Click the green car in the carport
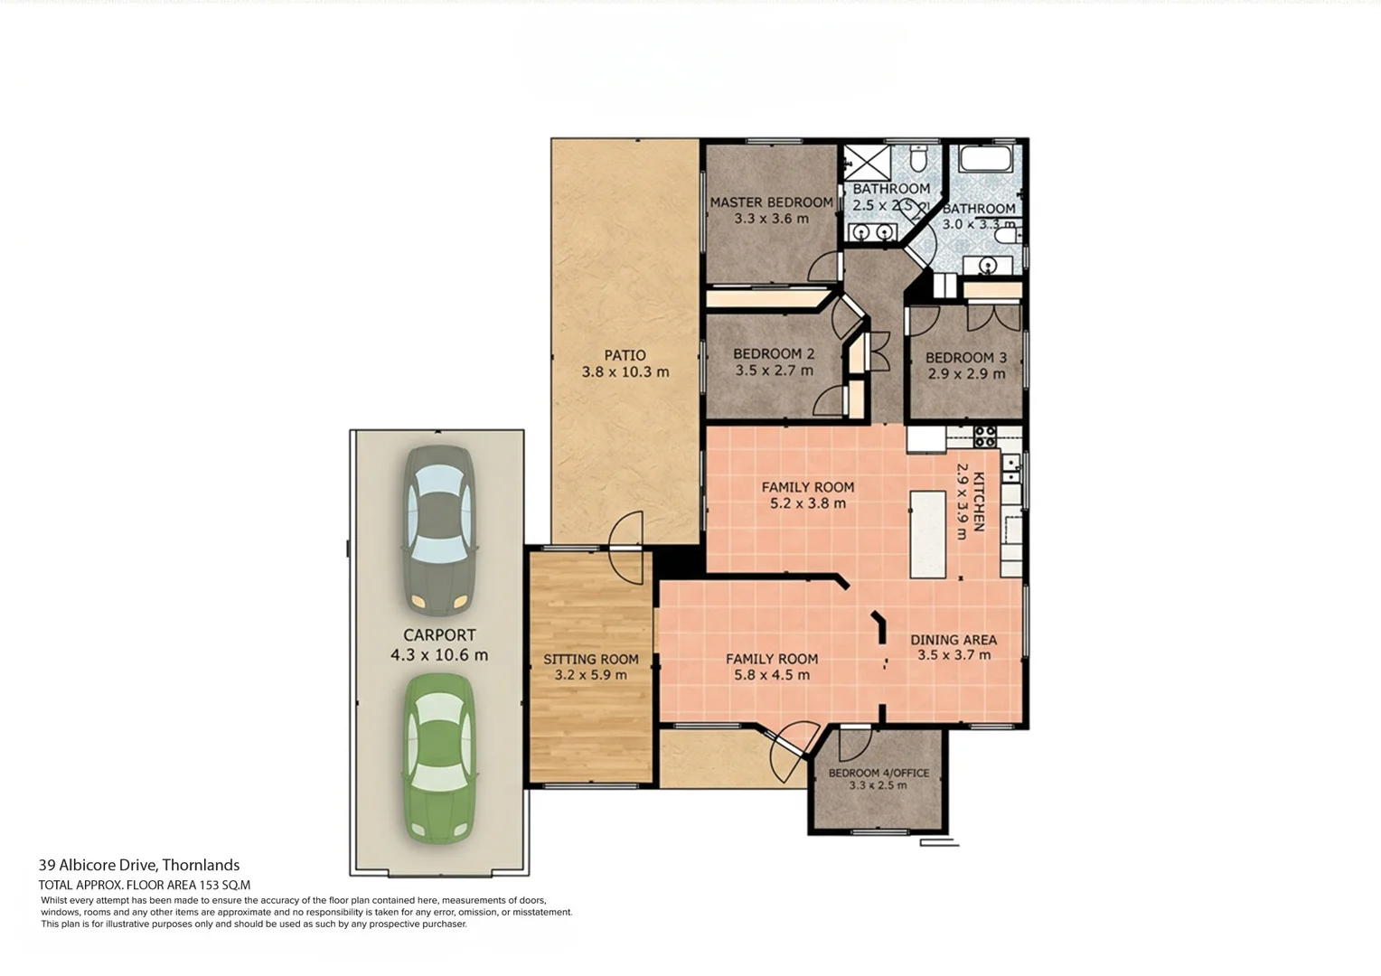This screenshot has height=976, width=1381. click(x=439, y=758)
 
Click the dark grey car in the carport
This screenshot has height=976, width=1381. click(x=439, y=530)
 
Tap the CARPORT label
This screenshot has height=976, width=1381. click(x=439, y=635)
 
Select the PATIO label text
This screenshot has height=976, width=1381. click(x=625, y=355)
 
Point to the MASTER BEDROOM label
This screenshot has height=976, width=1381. click(x=771, y=202)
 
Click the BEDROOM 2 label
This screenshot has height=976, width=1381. click(x=774, y=354)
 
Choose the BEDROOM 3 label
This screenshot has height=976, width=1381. click(x=966, y=358)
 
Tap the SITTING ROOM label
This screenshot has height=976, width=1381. click(x=590, y=659)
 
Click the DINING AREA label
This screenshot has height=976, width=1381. click(x=954, y=640)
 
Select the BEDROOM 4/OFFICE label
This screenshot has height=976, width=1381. click(x=878, y=774)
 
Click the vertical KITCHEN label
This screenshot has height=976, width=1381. click(x=978, y=502)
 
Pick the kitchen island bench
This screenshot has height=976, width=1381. click(x=928, y=535)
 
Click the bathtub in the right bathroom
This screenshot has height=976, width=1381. click(x=985, y=158)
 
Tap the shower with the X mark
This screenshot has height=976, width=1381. click(x=867, y=164)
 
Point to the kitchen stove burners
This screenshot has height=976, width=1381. click(x=984, y=436)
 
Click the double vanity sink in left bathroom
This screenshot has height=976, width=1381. click(x=872, y=232)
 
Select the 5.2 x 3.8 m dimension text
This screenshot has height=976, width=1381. click(x=808, y=503)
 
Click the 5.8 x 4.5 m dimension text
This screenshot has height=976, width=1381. click(x=772, y=675)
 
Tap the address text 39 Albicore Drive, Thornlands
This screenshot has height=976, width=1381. click(x=138, y=865)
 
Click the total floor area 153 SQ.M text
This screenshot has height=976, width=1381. click(x=145, y=886)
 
